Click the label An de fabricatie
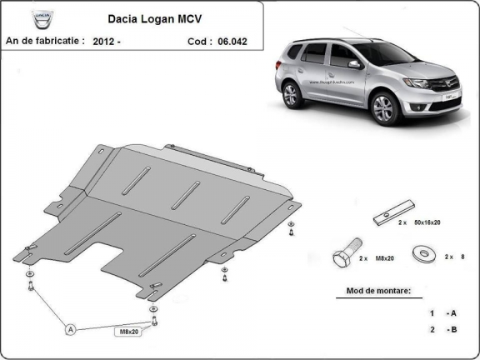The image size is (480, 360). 45,39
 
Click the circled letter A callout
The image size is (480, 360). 71,330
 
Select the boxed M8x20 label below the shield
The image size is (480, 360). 126,331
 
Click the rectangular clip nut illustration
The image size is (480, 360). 392,215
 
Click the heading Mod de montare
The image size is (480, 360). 379,291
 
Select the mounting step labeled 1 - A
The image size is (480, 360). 442,313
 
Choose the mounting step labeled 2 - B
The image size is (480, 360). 442,330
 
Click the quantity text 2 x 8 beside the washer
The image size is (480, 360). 455,257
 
